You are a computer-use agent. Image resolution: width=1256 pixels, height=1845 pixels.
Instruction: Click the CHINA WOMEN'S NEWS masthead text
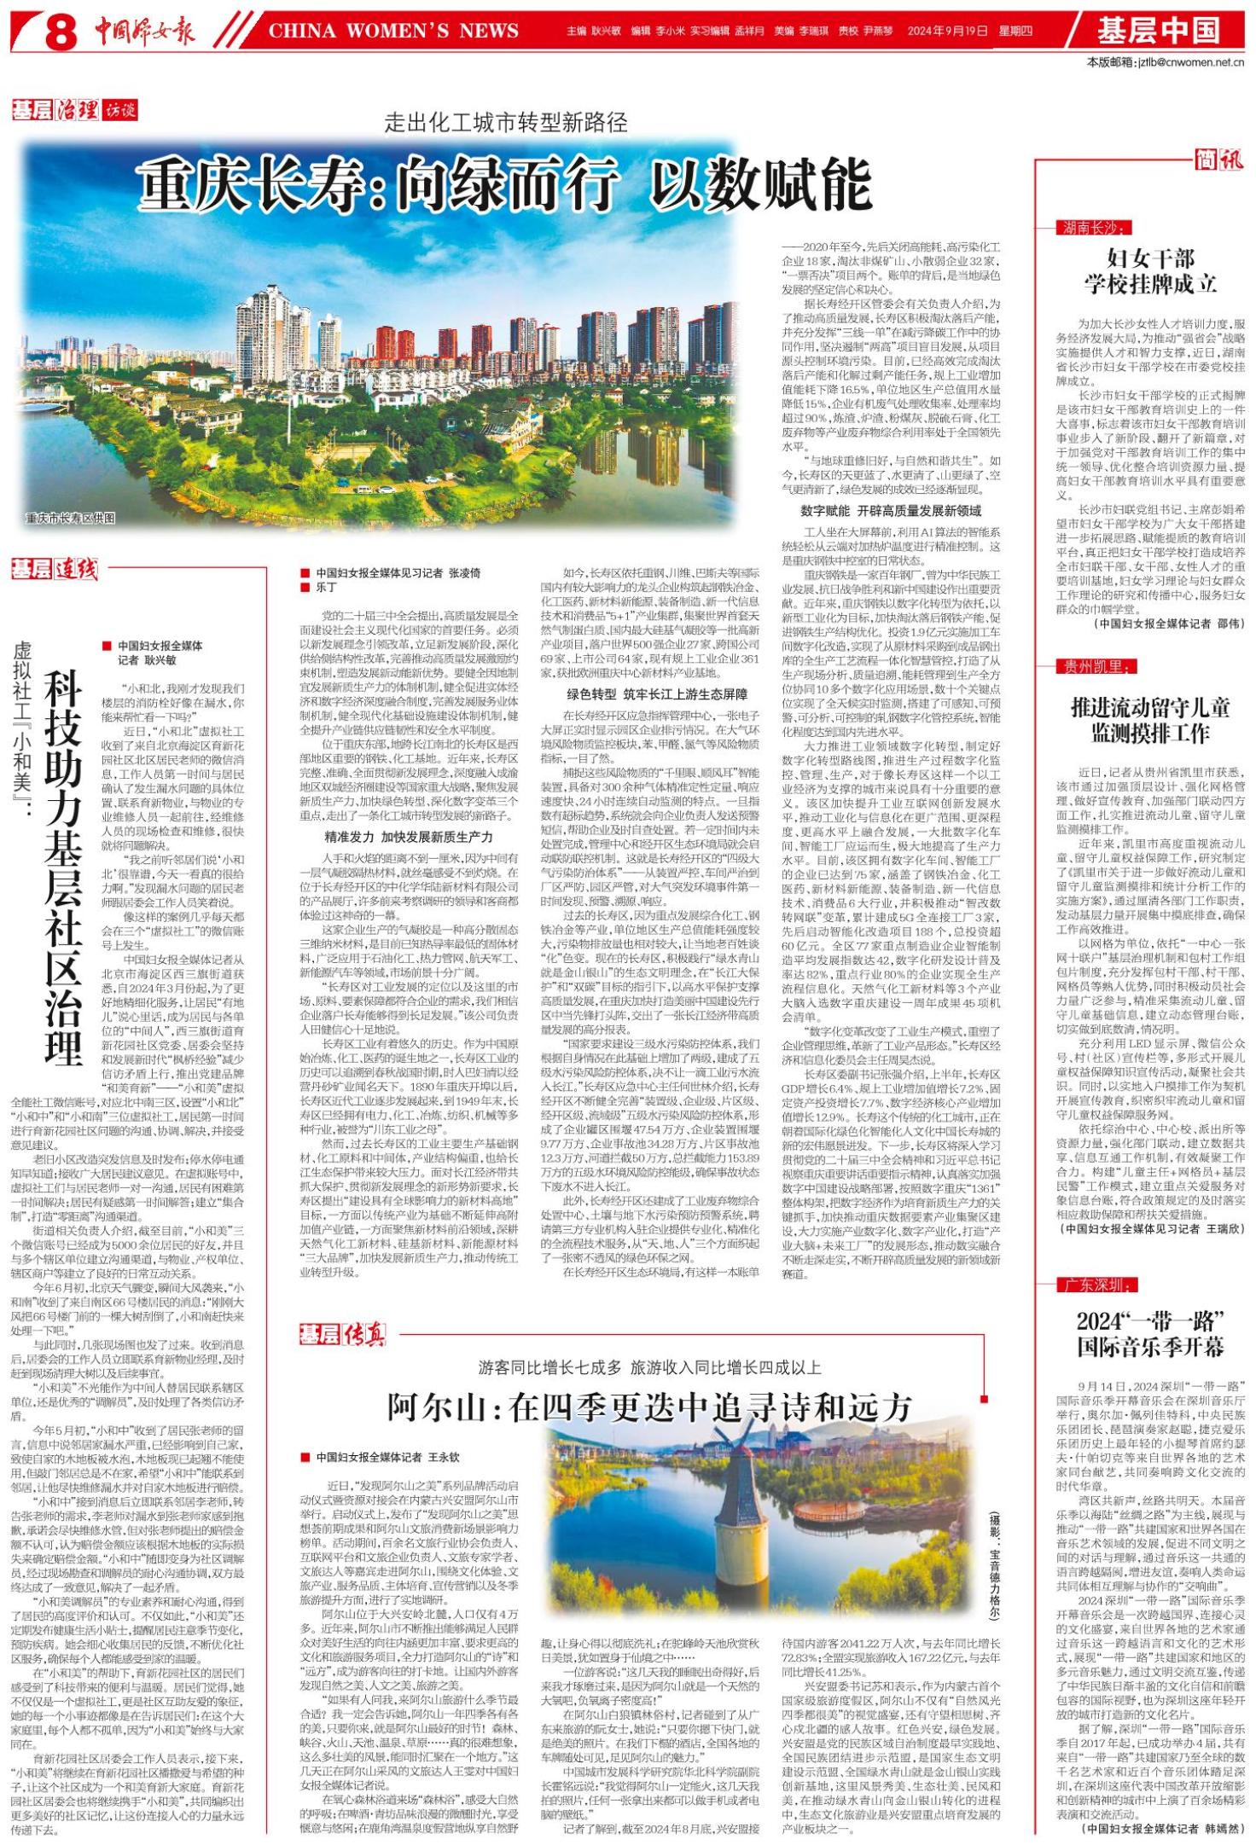tap(393, 32)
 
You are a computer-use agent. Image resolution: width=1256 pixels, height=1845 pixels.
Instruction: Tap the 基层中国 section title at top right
tap(1158, 31)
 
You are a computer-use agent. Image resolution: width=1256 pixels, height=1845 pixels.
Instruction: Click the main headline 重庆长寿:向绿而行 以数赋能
tap(504, 183)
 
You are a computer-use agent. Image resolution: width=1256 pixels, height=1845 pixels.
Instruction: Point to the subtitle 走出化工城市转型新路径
tap(506, 124)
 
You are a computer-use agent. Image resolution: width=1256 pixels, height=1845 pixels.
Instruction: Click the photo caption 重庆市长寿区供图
tap(69, 518)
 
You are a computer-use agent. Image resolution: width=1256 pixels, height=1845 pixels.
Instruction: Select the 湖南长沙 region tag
tap(1094, 227)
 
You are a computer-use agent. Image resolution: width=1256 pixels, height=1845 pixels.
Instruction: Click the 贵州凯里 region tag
tap(1094, 666)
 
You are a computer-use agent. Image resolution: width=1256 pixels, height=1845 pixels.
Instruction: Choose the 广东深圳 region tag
tap(1094, 1285)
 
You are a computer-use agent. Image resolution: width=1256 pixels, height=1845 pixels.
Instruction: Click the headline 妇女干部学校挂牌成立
tap(1150, 271)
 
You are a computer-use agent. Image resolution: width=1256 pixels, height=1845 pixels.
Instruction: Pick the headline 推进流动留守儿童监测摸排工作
tap(1150, 719)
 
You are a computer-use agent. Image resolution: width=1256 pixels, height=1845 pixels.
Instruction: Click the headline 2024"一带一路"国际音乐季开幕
tap(1150, 1334)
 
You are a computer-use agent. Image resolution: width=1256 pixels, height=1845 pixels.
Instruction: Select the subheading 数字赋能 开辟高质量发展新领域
tap(890, 510)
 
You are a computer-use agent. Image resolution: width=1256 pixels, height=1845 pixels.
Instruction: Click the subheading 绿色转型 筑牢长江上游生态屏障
tap(656, 693)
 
